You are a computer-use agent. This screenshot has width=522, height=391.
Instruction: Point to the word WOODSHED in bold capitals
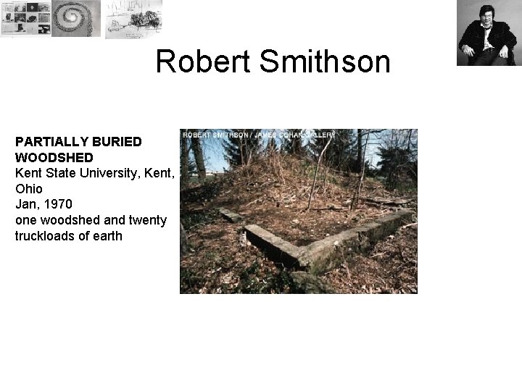click(x=54, y=157)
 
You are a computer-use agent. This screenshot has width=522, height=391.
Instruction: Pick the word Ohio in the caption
click(x=29, y=188)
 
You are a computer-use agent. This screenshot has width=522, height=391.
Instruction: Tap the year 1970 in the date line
click(x=57, y=204)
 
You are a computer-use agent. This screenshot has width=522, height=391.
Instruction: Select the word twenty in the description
click(x=146, y=220)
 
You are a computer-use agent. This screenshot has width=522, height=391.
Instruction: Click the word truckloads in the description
click(x=46, y=236)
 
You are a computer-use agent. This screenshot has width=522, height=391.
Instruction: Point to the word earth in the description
click(x=108, y=236)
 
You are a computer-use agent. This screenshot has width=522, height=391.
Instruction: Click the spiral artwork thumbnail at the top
click(x=77, y=18)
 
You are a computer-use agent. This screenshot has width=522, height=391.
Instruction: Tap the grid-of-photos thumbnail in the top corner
click(x=25, y=18)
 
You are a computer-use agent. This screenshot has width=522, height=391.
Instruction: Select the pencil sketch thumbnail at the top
click(x=133, y=18)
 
